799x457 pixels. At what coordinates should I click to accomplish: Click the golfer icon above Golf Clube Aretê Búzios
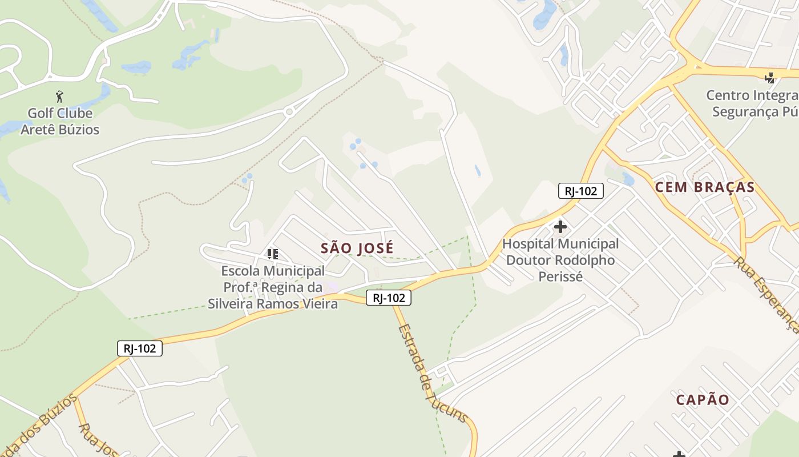(x=59, y=97)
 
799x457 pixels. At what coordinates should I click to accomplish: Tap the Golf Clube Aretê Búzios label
(x=60, y=121)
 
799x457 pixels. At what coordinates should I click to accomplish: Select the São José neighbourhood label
(x=357, y=248)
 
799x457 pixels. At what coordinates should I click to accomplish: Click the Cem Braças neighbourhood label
(x=704, y=187)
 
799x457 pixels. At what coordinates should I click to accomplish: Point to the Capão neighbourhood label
(x=703, y=400)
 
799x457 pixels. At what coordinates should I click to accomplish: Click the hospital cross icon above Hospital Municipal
(x=560, y=227)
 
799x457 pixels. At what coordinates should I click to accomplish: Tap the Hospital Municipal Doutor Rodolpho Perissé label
(x=560, y=260)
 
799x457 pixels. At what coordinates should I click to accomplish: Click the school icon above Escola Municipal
(x=273, y=254)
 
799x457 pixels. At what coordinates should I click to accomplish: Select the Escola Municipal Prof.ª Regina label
(x=273, y=287)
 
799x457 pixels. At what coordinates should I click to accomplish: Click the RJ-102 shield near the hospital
(x=580, y=191)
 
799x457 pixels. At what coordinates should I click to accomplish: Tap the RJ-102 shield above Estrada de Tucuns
(x=389, y=298)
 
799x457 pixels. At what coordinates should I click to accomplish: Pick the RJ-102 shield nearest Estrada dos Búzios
(x=140, y=348)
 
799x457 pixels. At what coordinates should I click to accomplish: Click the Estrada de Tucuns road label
(x=433, y=374)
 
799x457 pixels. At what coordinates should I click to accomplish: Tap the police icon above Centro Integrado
(x=770, y=77)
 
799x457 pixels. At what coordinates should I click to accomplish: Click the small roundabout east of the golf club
(x=289, y=112)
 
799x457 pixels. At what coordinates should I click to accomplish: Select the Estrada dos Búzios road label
(x=40, y=426)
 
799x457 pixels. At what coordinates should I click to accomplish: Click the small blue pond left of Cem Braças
(x=628, y=179)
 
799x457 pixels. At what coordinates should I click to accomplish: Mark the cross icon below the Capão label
(x=679, y=454)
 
